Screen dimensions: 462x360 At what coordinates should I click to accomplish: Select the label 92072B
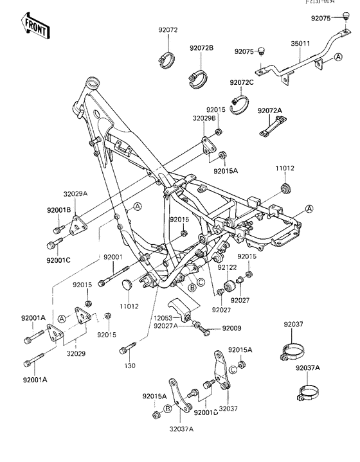tap(201, 48)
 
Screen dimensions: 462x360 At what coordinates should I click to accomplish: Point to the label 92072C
tap(242, 83)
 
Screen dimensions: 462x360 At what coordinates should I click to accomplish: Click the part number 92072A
tap(270, 111)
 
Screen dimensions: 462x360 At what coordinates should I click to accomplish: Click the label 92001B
tap(59, 210)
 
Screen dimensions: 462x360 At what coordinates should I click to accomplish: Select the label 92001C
tap(59, 260)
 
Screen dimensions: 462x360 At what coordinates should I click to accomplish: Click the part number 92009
tap(231, 328)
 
